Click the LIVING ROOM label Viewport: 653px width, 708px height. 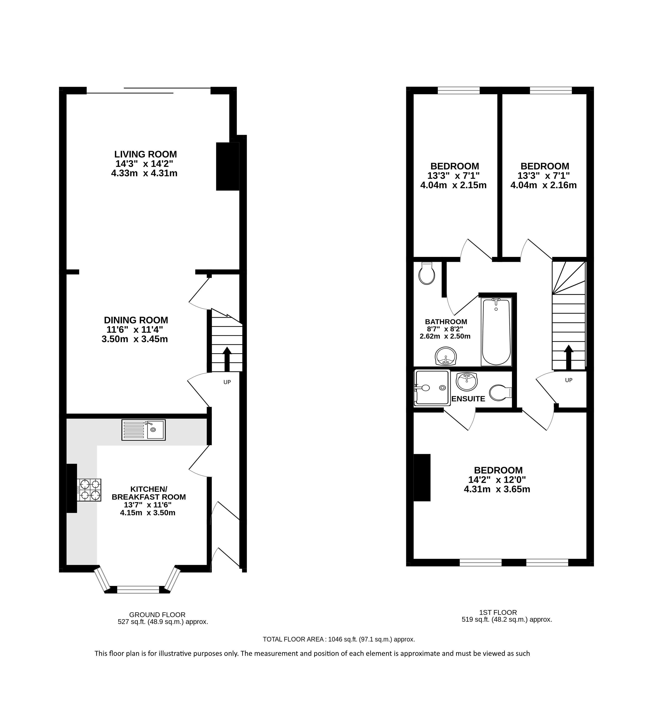point(146,154)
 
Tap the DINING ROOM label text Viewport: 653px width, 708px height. point(136,320)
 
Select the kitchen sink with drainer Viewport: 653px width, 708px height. point(143,430)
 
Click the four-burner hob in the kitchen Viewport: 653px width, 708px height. point(90,489)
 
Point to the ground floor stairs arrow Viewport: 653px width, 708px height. point(227,359)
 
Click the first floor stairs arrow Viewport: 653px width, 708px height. point(569,357)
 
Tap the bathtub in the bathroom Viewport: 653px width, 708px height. point(496,332)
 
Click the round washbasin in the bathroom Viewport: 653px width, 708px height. point(446,356)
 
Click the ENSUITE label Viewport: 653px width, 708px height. point(468,399)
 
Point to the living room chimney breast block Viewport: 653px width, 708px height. point(228,166)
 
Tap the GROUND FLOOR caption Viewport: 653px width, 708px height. point(157,615)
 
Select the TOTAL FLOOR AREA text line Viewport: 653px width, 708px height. point(339,639)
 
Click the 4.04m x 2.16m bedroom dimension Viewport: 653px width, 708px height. point(544,185)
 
